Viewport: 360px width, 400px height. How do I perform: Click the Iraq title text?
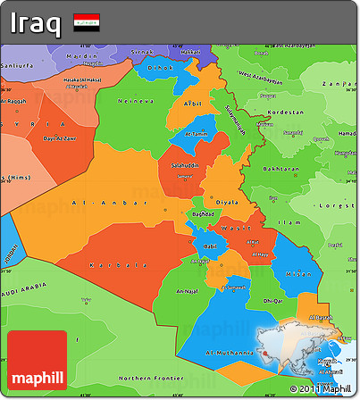(35, 21)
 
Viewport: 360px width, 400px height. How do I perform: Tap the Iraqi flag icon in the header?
(87, 21)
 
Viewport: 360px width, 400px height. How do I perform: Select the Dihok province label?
(161, 67)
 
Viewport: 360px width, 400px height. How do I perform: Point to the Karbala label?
(119, 265)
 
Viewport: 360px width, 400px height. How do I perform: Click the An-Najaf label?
(188, 291)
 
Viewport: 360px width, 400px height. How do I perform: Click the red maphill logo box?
(37, 360)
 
